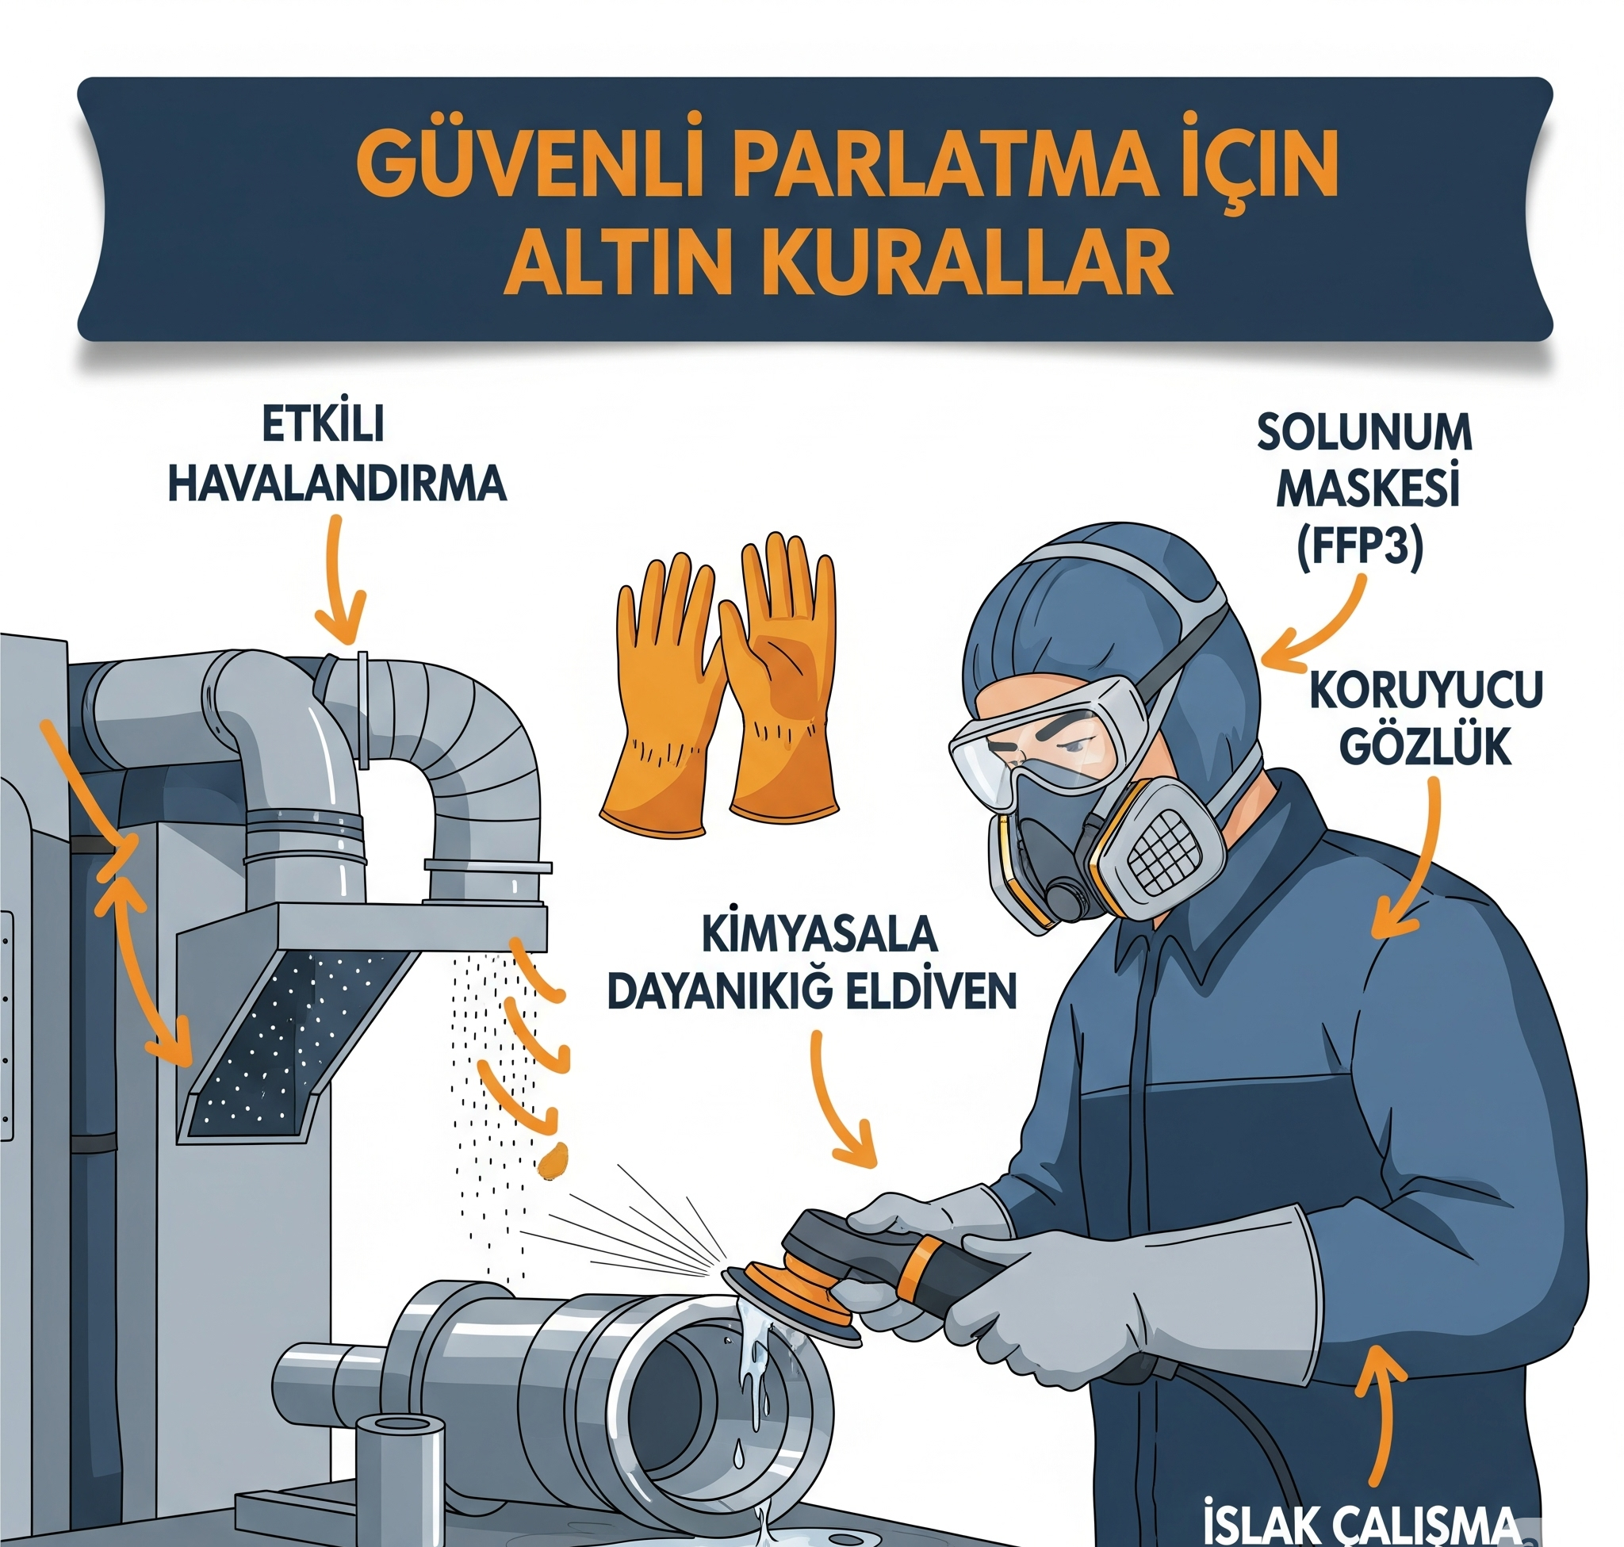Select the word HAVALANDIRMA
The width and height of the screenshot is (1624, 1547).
337,484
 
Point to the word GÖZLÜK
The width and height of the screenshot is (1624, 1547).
1424,746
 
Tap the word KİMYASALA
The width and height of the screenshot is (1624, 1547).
819,935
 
